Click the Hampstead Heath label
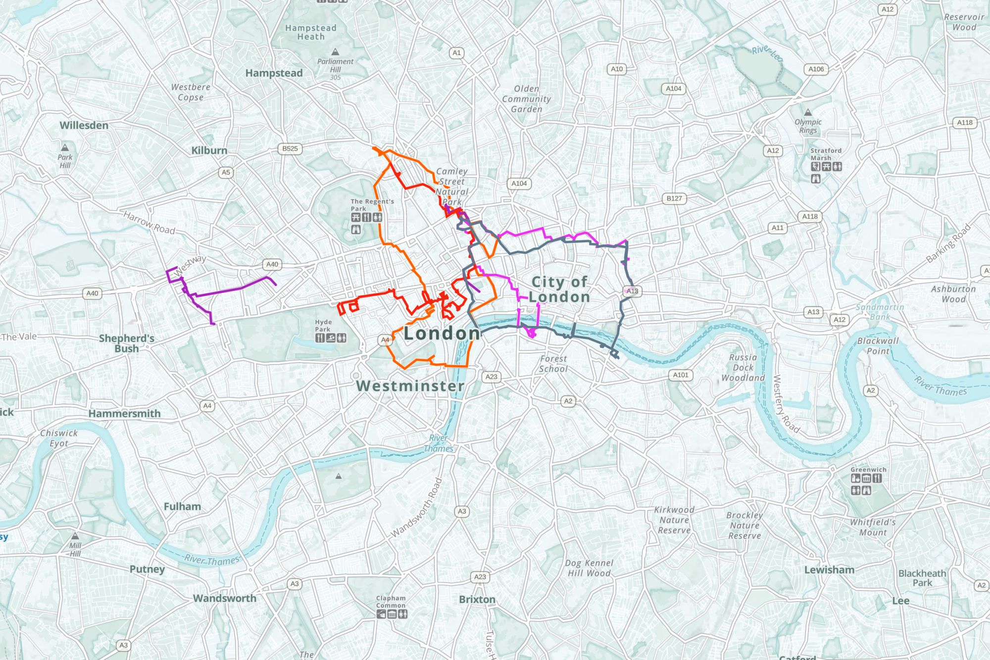coord(311,32)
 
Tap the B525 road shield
coord(290,148)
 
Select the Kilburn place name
coord(209,150)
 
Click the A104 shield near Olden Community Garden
coord(673,89)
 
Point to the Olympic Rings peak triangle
coord(808,113)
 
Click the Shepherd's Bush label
coord(127,343)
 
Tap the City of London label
coord(559,289)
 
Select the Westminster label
coord(410,386)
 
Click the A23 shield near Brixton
coord(480,577)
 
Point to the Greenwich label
coord(868,470)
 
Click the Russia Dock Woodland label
coord(743,368)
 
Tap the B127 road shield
coord(674,198)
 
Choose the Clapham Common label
coord(391,602)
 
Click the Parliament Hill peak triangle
coord(335,52)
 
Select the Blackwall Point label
coord(878,346)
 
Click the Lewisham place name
coord(829,570)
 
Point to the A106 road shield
coord(816,69)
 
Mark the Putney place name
coord(147,569)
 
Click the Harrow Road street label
coord(149,223)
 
